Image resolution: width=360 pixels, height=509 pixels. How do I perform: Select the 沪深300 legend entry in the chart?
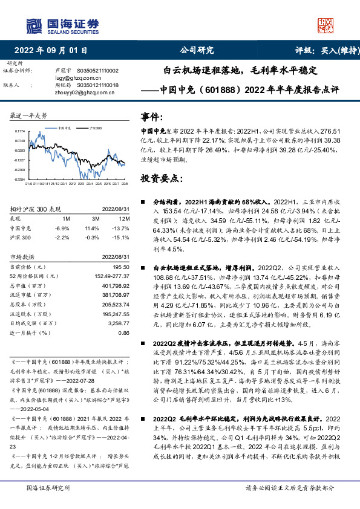coord(93,129)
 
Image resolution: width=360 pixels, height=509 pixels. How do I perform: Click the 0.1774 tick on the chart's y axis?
coord(20,131)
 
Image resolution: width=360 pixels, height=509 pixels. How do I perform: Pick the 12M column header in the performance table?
coord(124,218)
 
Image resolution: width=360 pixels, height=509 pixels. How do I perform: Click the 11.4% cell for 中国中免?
coord(92,228)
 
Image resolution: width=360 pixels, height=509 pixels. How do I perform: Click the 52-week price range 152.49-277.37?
coord(113,276)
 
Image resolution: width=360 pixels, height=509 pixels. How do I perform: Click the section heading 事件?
coord(152,115)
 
